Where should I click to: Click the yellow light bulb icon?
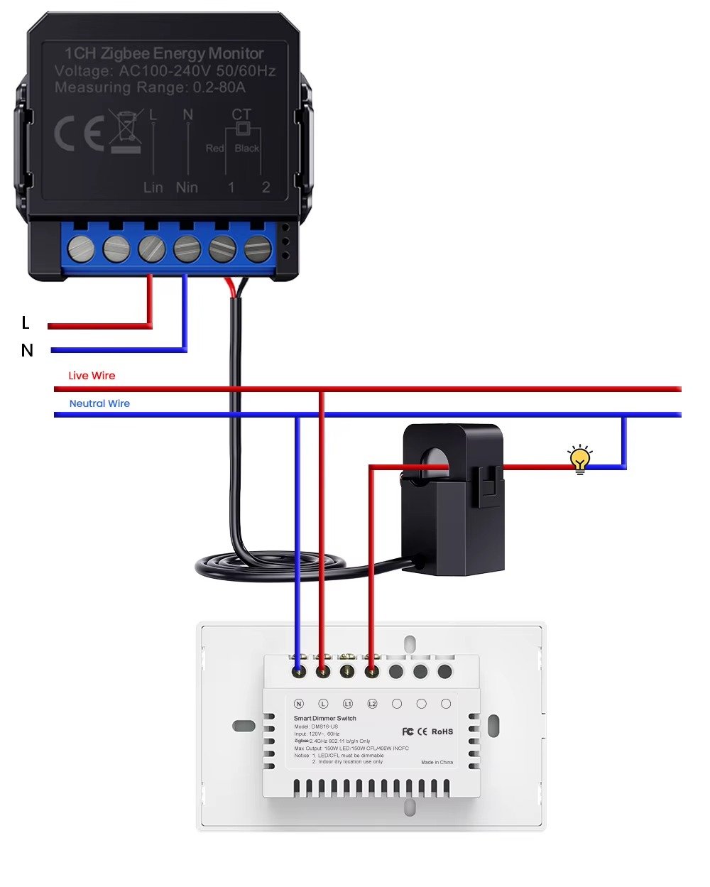pos(580,459)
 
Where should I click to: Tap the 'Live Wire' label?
pos(92,376)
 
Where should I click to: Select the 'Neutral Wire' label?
pos(99,403)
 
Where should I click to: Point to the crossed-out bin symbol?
pos(126,131)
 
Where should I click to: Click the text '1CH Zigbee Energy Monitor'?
pos(164,53)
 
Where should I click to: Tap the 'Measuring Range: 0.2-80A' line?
pos(150,87)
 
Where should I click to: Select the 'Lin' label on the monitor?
pos(153,187)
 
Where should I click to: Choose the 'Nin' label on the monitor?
pos(187,187)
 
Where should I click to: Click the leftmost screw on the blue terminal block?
pos(81,249)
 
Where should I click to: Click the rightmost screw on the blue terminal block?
pos(257,249)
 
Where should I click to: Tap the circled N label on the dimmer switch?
pos(299,704)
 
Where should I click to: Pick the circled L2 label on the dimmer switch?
pos(372,704)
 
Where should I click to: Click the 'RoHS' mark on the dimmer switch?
pos(442,731)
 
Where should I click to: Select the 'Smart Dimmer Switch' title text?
pos(325,719)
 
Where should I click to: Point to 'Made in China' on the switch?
pos(437,762)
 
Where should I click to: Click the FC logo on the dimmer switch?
pos(408,731)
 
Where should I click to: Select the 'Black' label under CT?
pos(247,148)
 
